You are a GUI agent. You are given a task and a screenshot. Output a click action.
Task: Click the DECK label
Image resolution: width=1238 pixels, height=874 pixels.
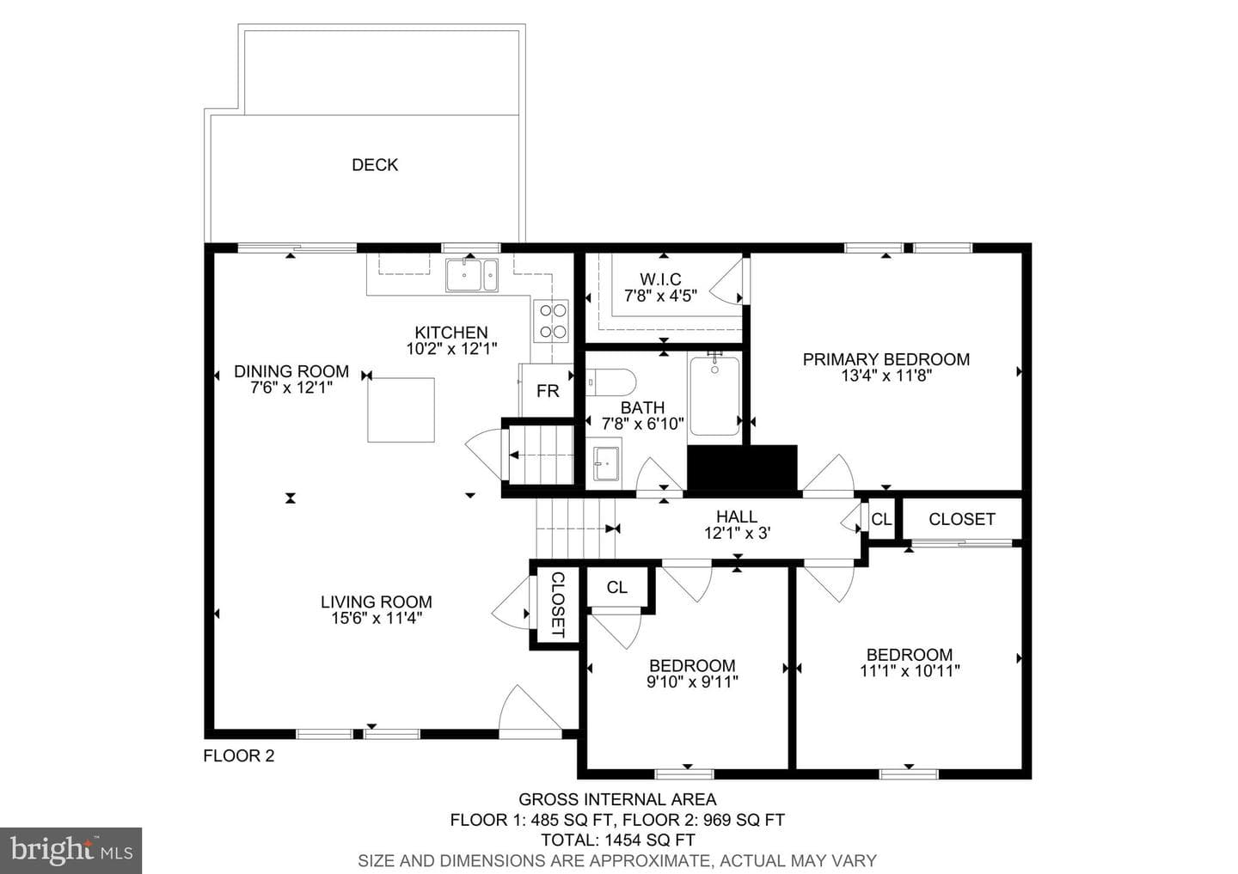pos(375,165)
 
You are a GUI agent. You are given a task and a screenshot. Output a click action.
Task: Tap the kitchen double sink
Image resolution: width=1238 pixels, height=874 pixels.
pos(472,275)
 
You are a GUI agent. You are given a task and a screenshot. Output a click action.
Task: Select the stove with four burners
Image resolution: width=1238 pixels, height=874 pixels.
pos(552,321)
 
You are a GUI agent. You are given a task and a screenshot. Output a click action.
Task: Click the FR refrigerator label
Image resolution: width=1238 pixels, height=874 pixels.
pos(548,391)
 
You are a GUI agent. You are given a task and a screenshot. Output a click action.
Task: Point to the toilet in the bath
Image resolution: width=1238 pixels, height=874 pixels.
pos(610,382)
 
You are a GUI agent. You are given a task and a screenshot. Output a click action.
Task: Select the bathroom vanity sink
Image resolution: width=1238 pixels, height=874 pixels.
pos(606,464)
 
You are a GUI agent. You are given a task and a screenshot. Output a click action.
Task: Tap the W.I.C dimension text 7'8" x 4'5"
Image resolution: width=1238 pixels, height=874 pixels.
pos(660,296)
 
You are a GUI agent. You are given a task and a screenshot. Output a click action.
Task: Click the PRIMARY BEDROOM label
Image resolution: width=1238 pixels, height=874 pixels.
pos(886,359)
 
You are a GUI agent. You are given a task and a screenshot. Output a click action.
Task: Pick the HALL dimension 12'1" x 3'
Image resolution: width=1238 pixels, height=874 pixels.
pos(738,533)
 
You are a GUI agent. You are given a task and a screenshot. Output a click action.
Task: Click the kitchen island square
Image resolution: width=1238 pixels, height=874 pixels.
pos(401,410)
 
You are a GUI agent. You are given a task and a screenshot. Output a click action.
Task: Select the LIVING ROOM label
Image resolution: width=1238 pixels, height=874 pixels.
pos(377,602)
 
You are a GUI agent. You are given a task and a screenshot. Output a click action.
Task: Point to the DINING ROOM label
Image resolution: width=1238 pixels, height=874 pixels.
pos(291,371)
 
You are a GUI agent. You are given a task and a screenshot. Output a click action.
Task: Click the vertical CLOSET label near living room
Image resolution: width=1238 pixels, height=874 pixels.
pos(558,604)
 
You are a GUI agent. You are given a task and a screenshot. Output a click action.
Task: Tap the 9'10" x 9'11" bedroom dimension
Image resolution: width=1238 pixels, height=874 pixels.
pos(693,681)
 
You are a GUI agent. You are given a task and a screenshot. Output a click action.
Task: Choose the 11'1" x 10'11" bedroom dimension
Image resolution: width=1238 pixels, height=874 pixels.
pos(910,670)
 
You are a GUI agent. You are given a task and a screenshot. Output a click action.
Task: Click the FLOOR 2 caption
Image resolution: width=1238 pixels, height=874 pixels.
pos(239,755)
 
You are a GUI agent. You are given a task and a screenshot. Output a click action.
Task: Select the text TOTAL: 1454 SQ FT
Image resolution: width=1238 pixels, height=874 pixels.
pos(617,840)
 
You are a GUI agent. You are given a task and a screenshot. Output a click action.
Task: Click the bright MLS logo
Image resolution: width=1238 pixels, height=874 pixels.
pos(70,850)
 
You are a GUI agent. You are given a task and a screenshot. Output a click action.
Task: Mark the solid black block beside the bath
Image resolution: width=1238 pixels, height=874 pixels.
pos(742,468)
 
